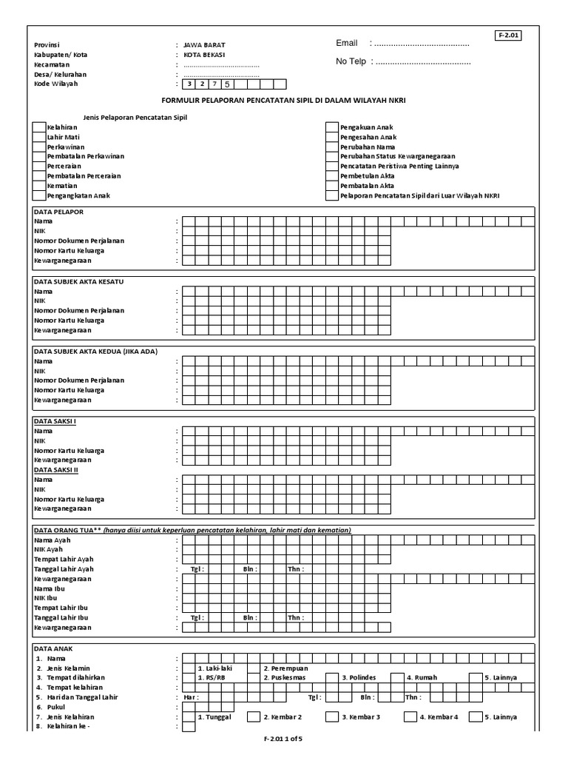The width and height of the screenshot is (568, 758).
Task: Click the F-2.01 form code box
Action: pyautogui.click(x=509, y=36)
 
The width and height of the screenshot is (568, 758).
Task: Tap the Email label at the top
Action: pyautogui.click(x=347, y=44)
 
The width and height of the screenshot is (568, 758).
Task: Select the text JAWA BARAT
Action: pyautogui.click(x=203, y=45)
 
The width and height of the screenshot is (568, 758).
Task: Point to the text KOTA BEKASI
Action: pyautogui.click(x=205, y=55)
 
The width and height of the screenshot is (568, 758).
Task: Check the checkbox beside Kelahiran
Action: pyautogui.click(x=38, y=128)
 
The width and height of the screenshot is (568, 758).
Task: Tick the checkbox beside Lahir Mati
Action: pyautogui.click(x=38, y=138)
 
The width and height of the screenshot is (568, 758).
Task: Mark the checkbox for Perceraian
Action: pyautogui.click(x=38, y=167)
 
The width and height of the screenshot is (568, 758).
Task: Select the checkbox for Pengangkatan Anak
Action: pyautogui.click(x=38, y=195)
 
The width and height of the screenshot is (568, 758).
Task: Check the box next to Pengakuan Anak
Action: pyautogui.click(x=332, y=128)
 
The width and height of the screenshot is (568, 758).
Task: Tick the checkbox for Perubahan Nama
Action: pyautogui.click(x=332, y=147)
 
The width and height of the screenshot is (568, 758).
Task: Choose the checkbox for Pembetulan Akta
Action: pyautogui.click(x=332, y=176)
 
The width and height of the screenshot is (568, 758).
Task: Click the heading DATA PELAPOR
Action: pyautogui.click(x=59, y=212)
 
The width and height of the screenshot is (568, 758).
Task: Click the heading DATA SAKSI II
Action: pyautogui.click(x=56, y=469)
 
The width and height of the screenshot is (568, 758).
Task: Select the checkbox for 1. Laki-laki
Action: pyautogui.click(x=189, y=668)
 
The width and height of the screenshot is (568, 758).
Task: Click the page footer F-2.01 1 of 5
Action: pyautogui.click(x=283, y=748)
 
